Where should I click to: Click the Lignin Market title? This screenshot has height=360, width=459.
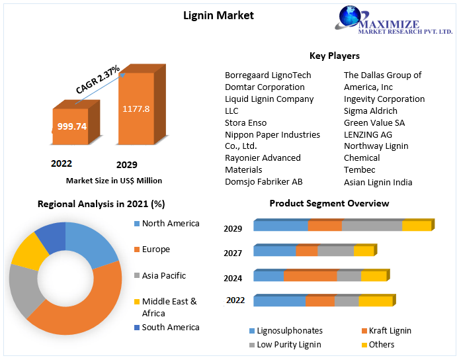[x=218, y=15]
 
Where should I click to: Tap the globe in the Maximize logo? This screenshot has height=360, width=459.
[x=350, y=16]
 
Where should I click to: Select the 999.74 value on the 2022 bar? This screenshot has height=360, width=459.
[x=72, y=126]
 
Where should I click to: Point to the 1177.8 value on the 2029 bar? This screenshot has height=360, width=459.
[x=136, y=109]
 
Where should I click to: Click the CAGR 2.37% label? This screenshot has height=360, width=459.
[x=98, y=79]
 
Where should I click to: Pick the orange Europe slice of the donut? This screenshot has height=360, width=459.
[x=88, y=308]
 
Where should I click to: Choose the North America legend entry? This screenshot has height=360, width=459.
[x=167, y=224]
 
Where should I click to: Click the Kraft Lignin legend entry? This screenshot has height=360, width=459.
[x=386, y=331]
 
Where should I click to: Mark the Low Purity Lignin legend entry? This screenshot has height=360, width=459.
[x=285, y=345]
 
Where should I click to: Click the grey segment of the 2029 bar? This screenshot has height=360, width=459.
[x=372, y=225]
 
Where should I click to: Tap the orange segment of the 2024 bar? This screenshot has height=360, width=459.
[x=310, y=276]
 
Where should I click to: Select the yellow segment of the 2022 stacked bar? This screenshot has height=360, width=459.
[x=376, y=300]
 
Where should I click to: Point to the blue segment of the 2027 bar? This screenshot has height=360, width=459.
[x=274, y=250]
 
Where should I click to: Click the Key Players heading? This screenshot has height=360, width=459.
[x=335, y=56]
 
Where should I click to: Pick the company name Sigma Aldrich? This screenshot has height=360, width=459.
[x=370, y=111]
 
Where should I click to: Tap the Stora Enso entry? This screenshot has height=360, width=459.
[x=245, y=122]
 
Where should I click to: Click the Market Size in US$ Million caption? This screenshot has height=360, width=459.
[x=114, y=181]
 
